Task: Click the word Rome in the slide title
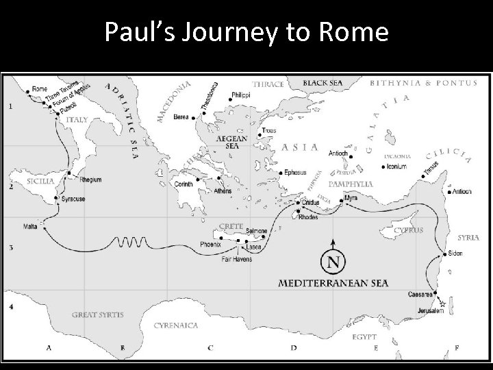coord(357,33)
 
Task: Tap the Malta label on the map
coord(30,226)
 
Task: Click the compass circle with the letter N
coord(333,262)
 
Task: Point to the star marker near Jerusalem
coord(442,303)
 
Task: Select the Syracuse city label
coord(73,199)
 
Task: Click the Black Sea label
coord(323,82)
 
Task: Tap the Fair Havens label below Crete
coord(237,259)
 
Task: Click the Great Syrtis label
coord(98,315)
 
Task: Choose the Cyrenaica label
coord(176,325)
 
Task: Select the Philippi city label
coord(240,95)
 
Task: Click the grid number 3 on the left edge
coord(10,247)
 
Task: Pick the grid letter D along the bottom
coord(292,348)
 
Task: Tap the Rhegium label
coord(90,180)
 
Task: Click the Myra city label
coord(351,198)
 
